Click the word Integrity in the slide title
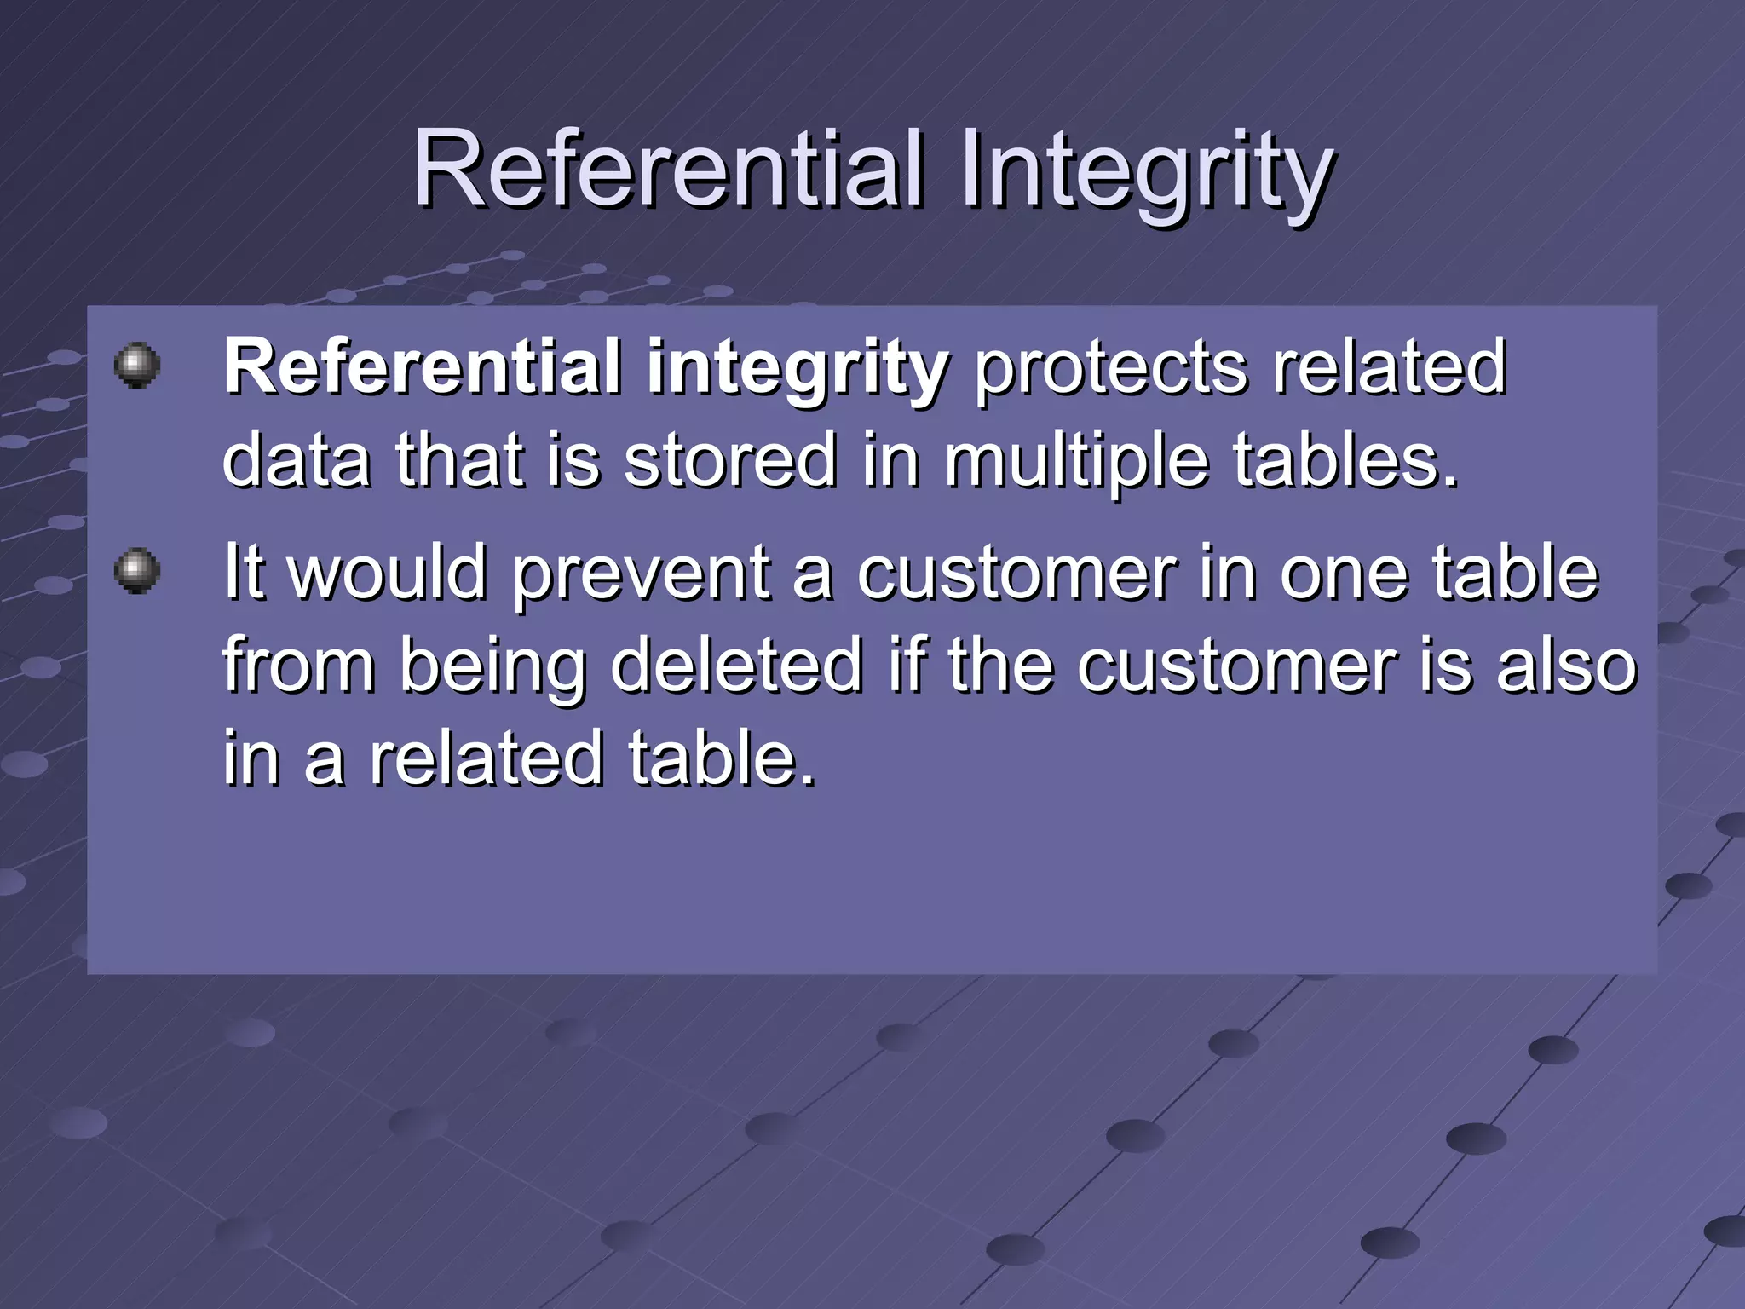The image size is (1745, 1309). tap(1146, 174)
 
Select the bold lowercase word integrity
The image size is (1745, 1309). tap(798, 372)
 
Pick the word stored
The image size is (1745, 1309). tap(730, 460)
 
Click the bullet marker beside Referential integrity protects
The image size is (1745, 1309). tap(137, 366)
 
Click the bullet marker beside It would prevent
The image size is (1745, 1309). tap(137, 570)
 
